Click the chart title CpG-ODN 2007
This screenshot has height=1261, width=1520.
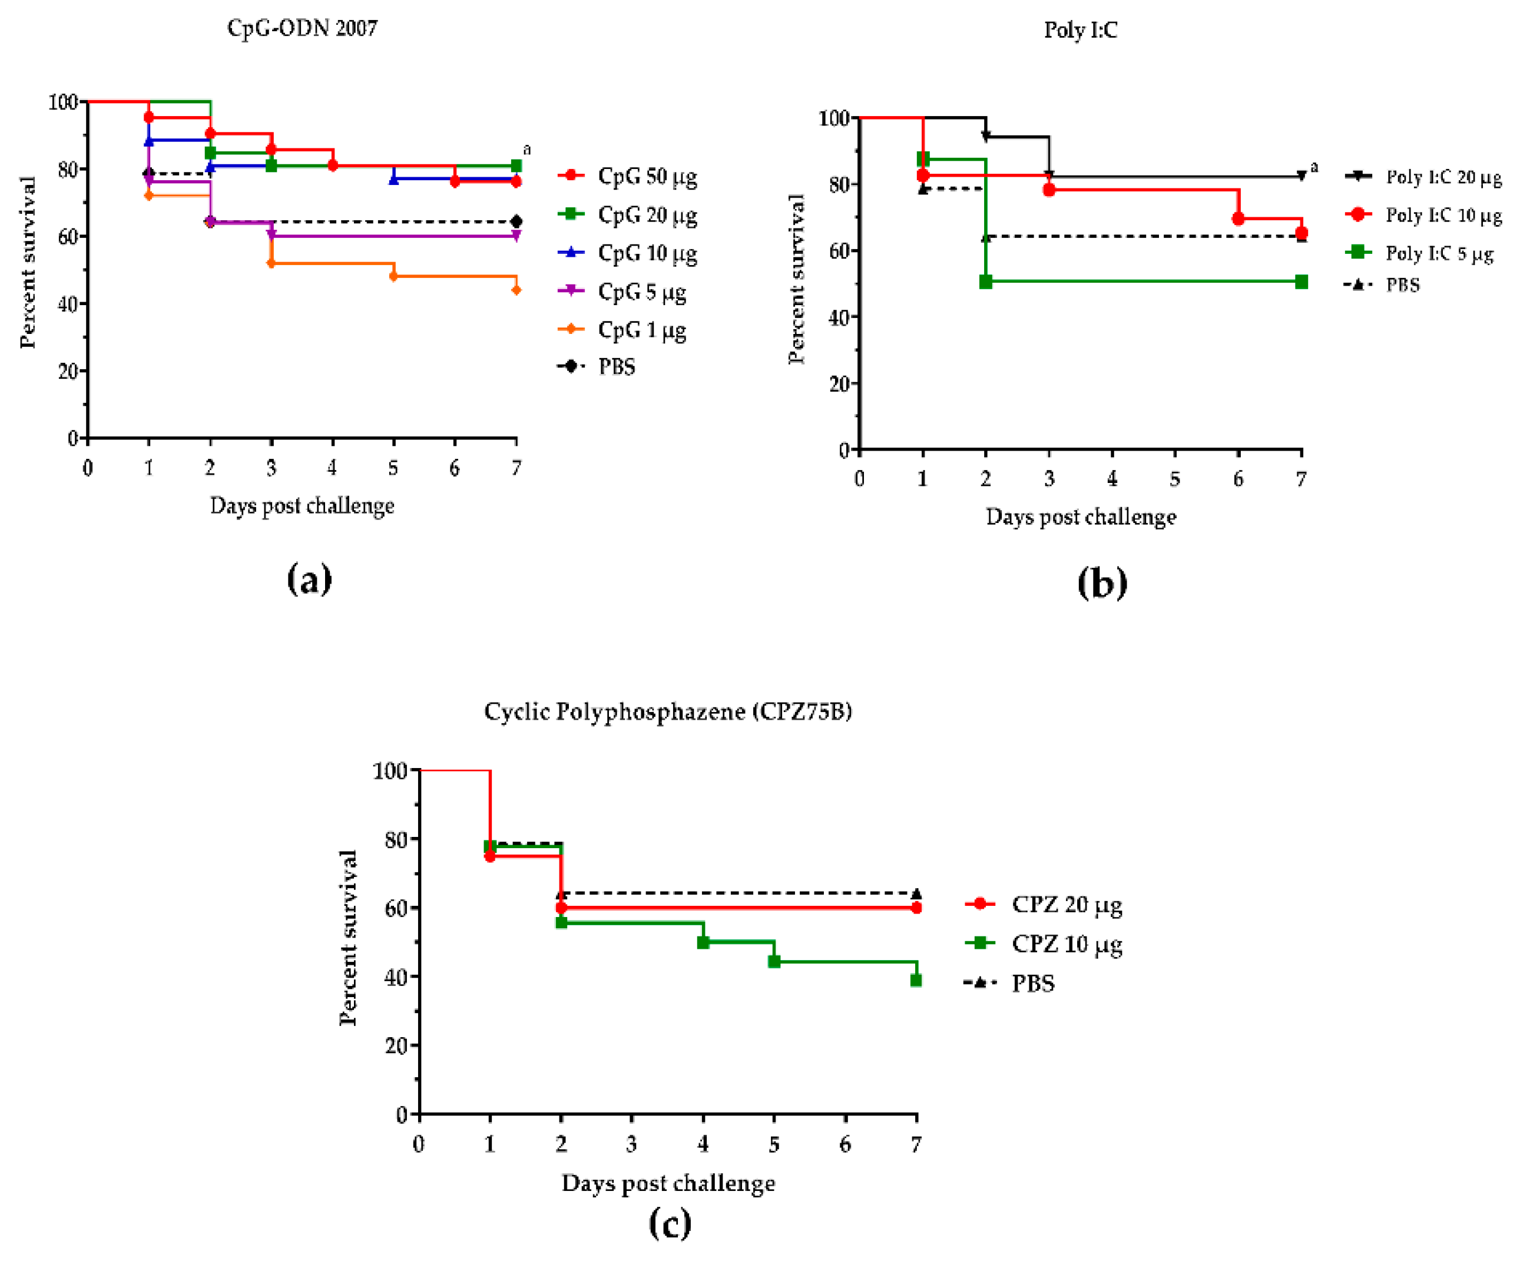coord(302,28)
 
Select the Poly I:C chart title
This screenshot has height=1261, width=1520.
coord(1080,31)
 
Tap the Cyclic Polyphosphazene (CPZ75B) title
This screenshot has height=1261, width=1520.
coord(667,711)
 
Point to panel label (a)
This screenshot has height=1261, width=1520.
coord(309,580)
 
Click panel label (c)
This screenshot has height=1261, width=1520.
coord(670,1223)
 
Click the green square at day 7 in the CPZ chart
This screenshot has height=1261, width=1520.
coord(916,980)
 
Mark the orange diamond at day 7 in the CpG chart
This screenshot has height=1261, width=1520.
coord(516,290)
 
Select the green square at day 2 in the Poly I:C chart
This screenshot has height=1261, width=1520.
coord(986,282)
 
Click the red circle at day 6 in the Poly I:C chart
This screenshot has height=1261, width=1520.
coord(1238,219)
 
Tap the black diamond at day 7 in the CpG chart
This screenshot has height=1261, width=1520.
coord(516,221)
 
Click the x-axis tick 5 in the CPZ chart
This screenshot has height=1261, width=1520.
coord(774,1144)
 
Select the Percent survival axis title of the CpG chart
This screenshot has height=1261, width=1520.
coord(28,262)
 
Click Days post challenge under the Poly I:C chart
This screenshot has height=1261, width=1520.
coord(1081,518)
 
